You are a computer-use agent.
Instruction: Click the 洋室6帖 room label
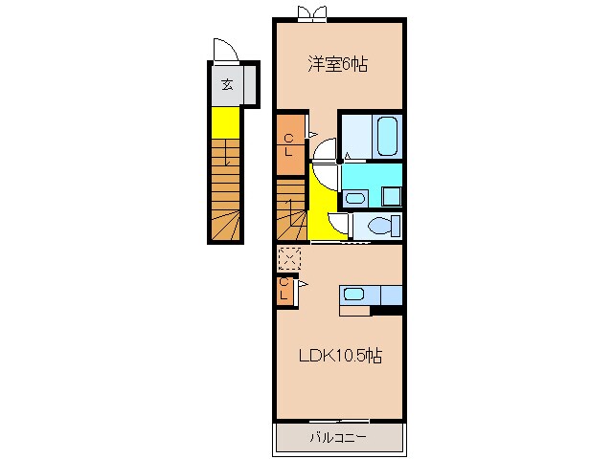(338, 64)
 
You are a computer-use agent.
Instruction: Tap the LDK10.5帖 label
(340, 356)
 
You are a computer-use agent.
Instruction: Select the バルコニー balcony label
(338, 437)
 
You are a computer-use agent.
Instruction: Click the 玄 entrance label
(228, 84)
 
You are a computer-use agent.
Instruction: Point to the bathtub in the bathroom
(387, 137)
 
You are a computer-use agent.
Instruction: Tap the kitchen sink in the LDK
(354, 294)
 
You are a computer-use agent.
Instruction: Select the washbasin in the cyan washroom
(355, 199)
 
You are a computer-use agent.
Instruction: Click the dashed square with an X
(289, 258)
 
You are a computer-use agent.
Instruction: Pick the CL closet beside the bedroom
(290, 144)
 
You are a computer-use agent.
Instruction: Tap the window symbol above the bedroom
(311, 13)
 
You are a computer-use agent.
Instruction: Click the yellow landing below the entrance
(226, 122)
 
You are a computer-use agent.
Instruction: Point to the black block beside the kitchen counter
(387, 310)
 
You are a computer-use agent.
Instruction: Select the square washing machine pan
(392, 196)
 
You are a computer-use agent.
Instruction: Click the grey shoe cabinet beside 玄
(250, 84)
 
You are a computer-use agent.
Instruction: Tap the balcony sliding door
(339, 421)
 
